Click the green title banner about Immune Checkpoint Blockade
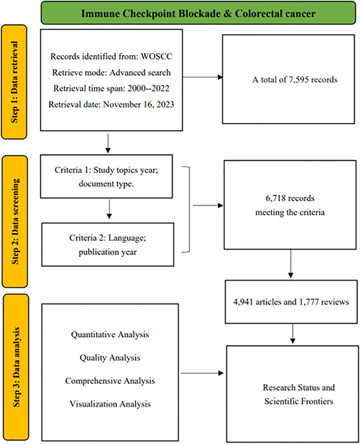[x=198, y=13]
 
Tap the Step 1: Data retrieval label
[x=14, y=82]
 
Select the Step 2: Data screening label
[x=15, y=221]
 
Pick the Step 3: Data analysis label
[x=16, y=367]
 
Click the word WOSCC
[x=157, y=56]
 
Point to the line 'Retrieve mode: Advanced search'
[x=111, y=73]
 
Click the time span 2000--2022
[x=148, y=89]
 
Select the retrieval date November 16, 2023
[x=138, y=104]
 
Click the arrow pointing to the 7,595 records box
[x=202, y=77]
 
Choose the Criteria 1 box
[x=106, y=177]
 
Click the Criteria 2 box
[x=107, y=245]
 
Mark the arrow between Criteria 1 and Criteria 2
[x=109, y=209]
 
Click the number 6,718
[x=275, y=198]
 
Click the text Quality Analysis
[x=110, y=358]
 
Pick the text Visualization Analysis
[x=110, y=404]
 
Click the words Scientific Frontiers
[x=298, y=401]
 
